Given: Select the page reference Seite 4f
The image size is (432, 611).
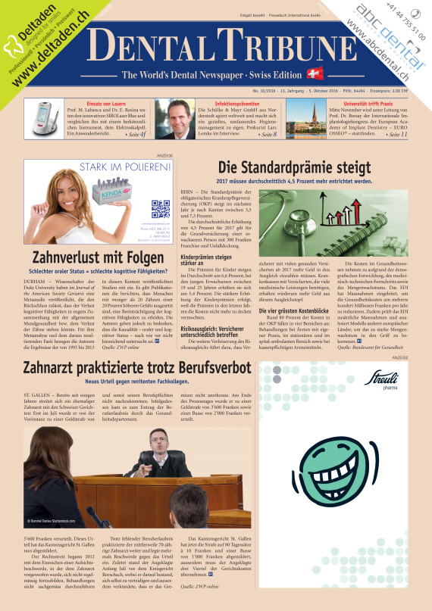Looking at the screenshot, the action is tap(136, 134).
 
